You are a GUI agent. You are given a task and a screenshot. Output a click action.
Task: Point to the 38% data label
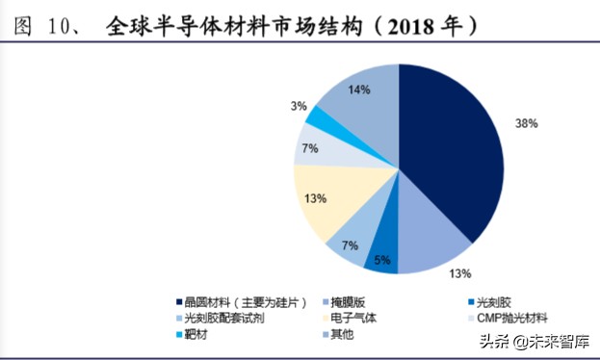click(526, 124)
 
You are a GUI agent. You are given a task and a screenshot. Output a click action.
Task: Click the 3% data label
click(299, 105)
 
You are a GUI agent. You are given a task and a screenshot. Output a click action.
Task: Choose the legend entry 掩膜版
click(353, 300)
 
